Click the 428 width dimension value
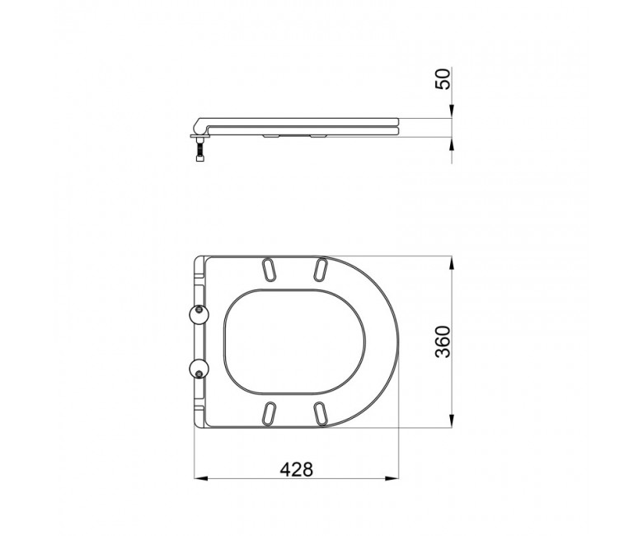296,469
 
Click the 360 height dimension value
444,342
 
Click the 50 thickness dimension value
443,79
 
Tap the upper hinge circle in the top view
199,315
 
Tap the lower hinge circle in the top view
199,369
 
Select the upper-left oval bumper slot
268,270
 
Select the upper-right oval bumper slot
320,270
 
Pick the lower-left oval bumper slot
268,414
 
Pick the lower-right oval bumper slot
320,414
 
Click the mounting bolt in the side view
199,150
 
